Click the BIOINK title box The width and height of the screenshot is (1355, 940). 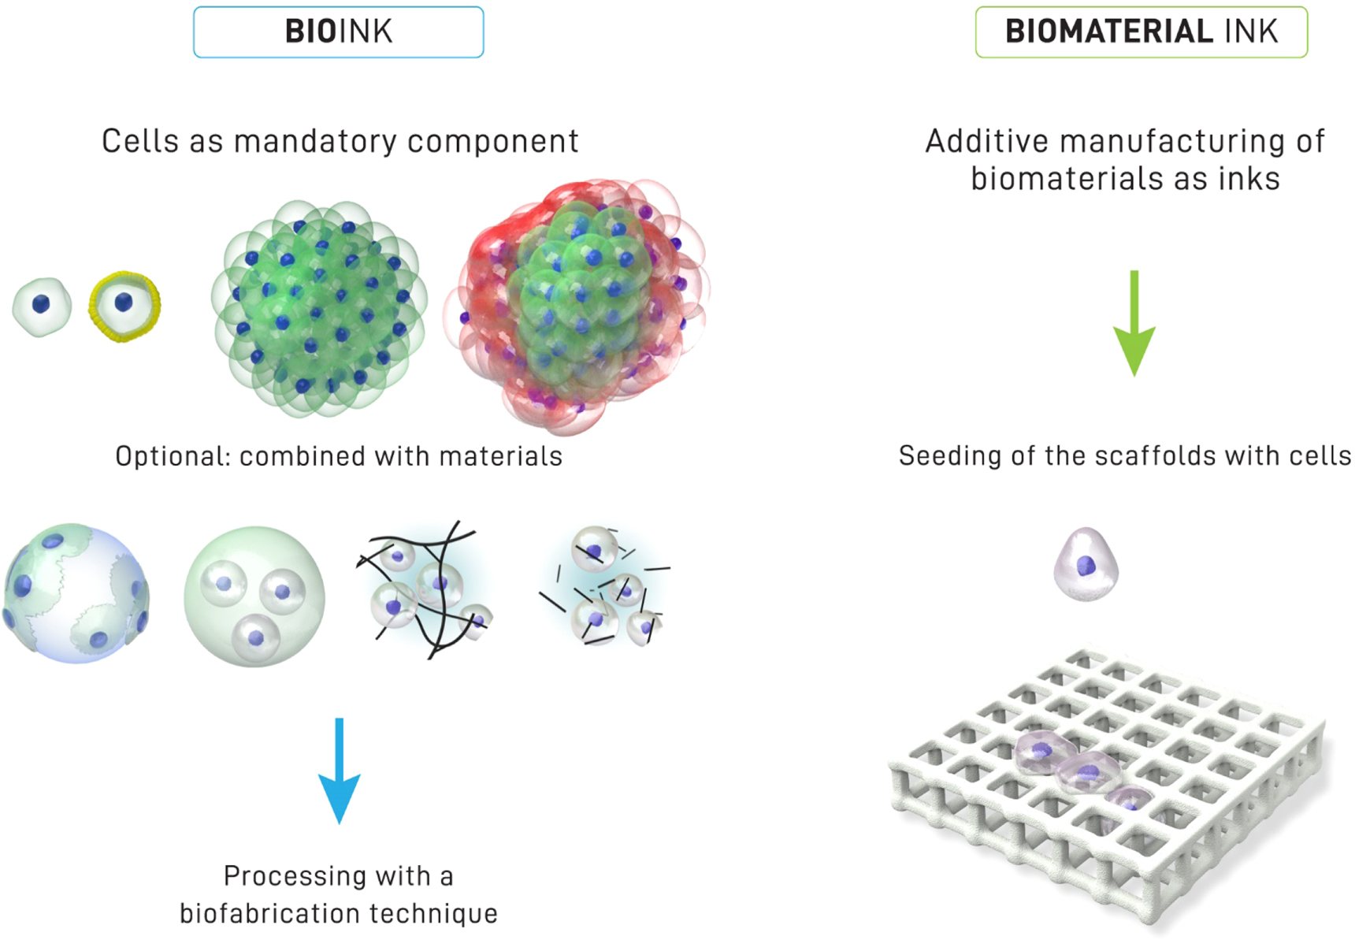(x=338, y=32)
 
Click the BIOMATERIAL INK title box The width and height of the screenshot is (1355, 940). (x=1141, y=32)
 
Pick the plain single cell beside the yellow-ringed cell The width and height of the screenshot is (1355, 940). (x=42, y=307)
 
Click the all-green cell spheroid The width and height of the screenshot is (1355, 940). (x=319, y=307)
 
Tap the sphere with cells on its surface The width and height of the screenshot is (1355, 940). (x=76, y=593)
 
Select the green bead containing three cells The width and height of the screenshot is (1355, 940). (x=254, y=596)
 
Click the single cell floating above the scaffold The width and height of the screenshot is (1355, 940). (x=1086, y=564)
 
